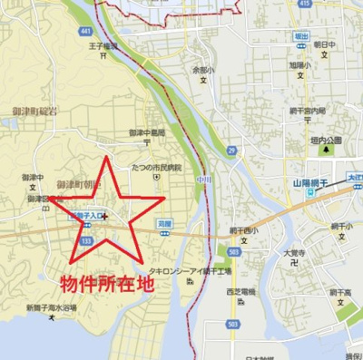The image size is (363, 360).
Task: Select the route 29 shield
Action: tap(232, 151)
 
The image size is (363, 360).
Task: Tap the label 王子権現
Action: tap(103, 45)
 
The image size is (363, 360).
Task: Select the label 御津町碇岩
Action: tap(30, 112)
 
